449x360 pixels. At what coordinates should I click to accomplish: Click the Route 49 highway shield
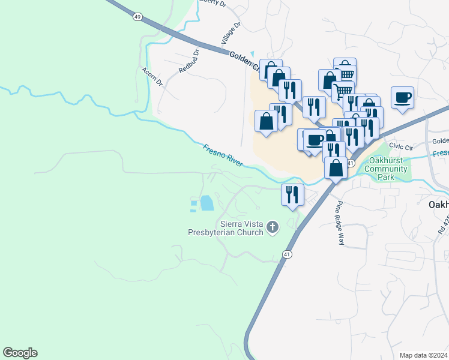(138, 17)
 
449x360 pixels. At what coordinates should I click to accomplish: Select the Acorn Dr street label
(152, 76)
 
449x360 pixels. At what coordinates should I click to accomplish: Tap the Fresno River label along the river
(222, 155)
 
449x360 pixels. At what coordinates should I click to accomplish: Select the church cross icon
(273, 227)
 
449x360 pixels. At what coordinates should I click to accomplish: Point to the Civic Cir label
(401, 146)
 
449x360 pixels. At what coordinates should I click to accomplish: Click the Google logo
(20, 353)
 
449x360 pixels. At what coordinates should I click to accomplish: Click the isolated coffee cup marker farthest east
(402, 97)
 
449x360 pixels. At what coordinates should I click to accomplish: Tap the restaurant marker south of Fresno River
(293, 194)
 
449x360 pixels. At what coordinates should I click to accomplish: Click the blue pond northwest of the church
(206, 203)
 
